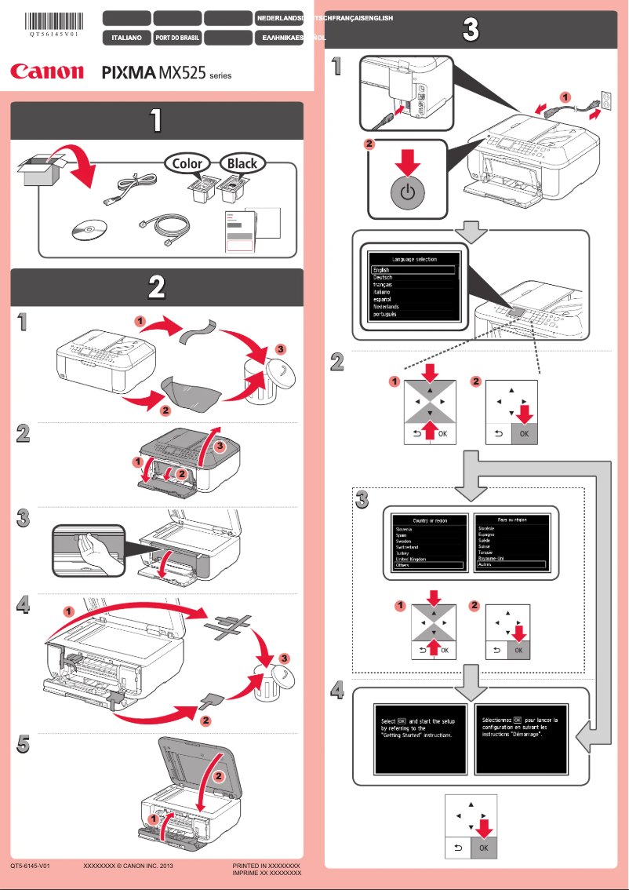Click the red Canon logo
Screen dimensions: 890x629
[47, 71]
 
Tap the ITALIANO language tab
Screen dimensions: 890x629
[126, 37]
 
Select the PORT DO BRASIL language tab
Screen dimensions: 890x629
[176, 37]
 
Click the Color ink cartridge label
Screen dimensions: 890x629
[187, 163]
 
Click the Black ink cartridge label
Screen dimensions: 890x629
[242, 163]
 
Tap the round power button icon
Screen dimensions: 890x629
[406, 192]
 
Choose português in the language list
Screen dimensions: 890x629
[385, 314]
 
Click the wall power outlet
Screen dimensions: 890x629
[605, 99]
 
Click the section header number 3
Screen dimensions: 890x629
[470, 31]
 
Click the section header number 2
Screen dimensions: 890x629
[157, 287]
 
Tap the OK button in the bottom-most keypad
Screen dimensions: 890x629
[484, 847]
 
